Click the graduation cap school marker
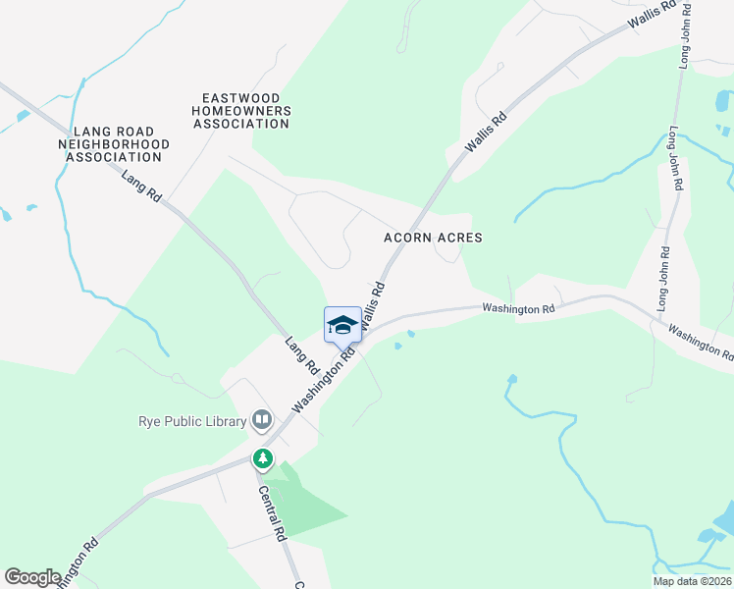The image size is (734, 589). coord(342,325)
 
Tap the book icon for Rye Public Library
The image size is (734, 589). coord(262,421)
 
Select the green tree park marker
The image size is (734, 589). coord(263,457)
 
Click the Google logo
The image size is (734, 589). coord(32,577)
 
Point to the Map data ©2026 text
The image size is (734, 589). coord(692,581)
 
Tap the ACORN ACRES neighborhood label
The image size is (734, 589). coord(433,238)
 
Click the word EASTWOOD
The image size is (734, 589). coord(241,98)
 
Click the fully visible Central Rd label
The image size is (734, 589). coord(272,514)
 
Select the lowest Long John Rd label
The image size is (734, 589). coord(662,279)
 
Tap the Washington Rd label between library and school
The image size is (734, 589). coord(321,383)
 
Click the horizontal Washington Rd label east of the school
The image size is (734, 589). coord(518,309)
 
